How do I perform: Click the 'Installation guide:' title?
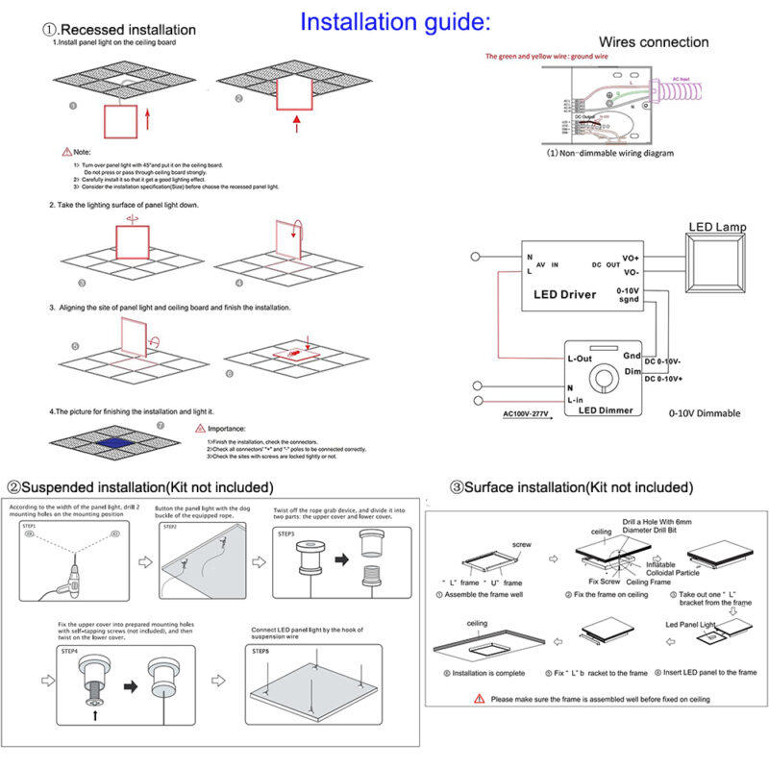(x=395, y=21)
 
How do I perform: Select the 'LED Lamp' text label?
(x=717, y=227)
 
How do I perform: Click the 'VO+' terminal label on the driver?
(x=630, y=258)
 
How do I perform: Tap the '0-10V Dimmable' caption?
(x=705, y=413)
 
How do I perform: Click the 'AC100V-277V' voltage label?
(x=530, y=414)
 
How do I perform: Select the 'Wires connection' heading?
(x=654, y=41)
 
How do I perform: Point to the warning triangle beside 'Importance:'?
(x=200, y=429)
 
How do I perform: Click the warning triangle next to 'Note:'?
(x=66, y=152)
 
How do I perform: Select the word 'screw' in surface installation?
(x=522, y=544)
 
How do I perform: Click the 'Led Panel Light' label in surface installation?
(x=692, y=624)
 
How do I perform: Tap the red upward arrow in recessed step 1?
(x=147, y=118)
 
